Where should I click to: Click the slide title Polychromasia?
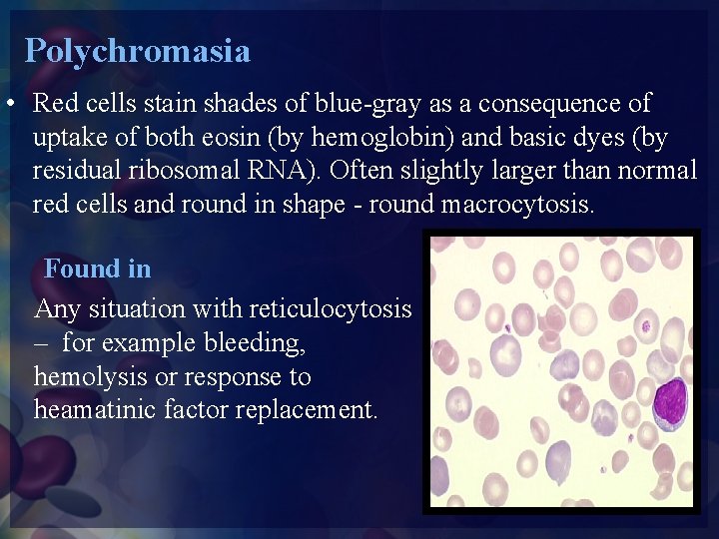tap(137, 50)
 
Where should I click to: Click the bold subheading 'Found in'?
tap(98, 269)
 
